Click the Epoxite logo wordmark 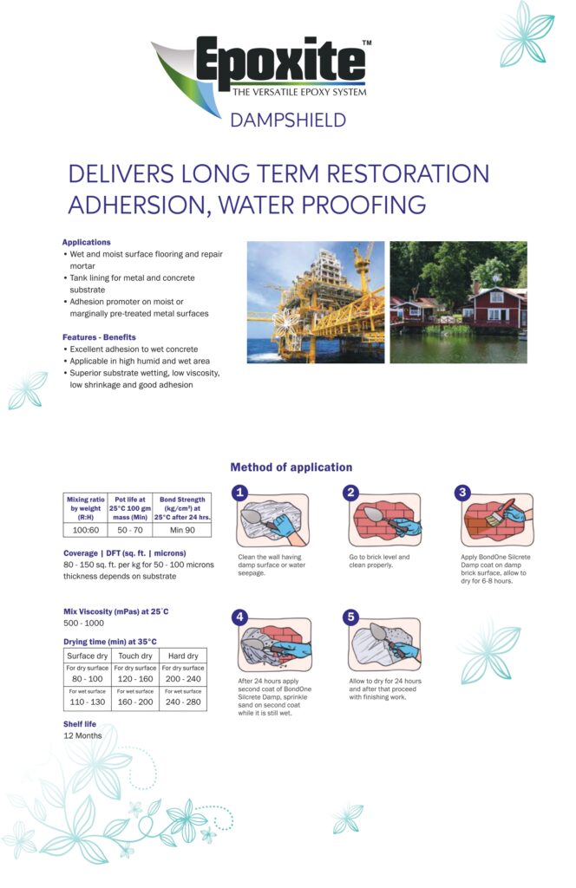point(279,63)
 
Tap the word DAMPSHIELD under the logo point(288,120)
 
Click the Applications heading point(86,242)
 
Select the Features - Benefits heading point(99,336)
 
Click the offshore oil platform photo point(315,302)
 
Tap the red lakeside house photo point(457,302)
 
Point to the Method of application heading point(291,467)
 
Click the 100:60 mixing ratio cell point(85,529)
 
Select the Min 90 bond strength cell point(182,529)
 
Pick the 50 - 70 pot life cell point(129,529)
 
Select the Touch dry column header point(135,656)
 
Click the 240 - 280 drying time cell point(183,702)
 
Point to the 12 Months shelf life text point(82,735)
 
